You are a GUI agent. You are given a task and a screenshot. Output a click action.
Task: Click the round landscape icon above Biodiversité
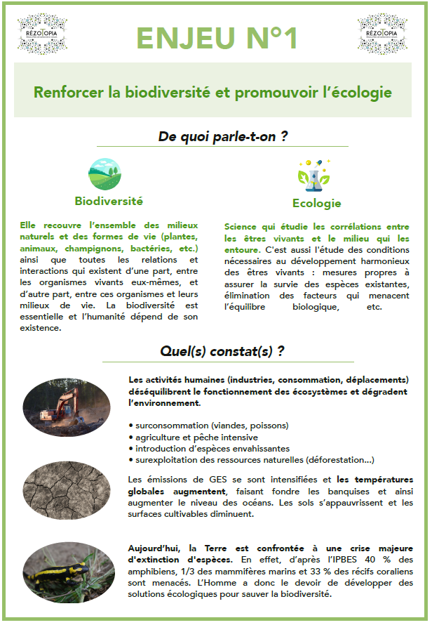coord(104,174)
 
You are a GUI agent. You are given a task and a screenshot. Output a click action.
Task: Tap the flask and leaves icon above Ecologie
coord(309,175)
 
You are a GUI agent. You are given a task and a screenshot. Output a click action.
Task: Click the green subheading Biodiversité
coord(109,201)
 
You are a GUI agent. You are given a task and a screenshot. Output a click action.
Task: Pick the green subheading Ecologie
coord(316,204)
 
